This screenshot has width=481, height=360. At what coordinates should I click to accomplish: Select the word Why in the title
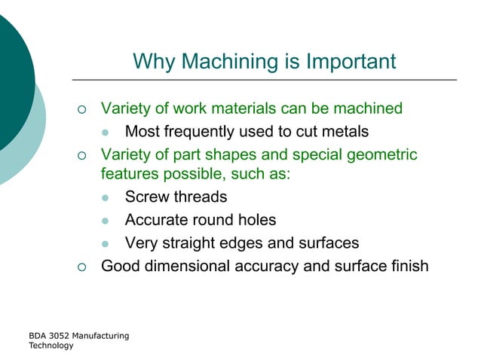click(x=154, y=61)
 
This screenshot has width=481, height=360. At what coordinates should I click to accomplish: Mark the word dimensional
click(x=191, y=266)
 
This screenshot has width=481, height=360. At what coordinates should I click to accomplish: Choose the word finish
click(x=406, y=266)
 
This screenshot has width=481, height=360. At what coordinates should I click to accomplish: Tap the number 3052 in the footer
click(x=58, y=335)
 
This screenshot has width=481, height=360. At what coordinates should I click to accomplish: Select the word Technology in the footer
click(x=51, y=346)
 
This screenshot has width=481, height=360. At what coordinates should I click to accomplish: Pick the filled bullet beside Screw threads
click(x=106, y=198)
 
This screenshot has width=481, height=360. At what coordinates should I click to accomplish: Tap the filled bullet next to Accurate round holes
click(x=106, y=221)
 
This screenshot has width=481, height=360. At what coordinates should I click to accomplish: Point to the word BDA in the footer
click(x=37, y=335)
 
